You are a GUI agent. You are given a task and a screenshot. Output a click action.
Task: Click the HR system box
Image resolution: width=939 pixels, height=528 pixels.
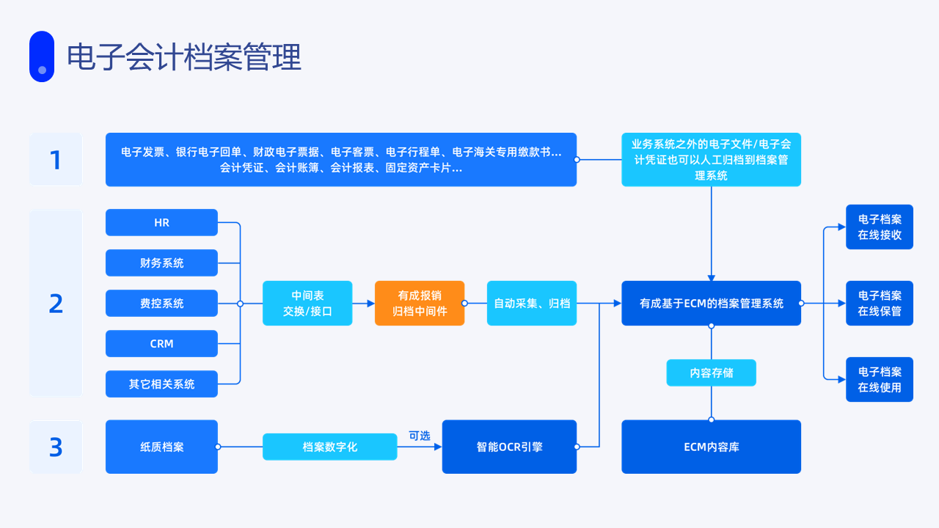click(161, 222)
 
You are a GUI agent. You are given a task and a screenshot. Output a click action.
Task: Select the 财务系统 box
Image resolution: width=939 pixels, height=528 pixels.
click(161, 263)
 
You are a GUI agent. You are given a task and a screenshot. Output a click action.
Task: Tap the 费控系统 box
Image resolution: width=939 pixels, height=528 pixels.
click(161, 303)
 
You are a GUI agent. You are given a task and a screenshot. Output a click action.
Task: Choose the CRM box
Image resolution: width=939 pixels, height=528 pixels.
click(161, 344)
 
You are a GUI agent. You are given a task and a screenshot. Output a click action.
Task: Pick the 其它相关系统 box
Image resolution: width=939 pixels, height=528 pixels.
click(161, 384)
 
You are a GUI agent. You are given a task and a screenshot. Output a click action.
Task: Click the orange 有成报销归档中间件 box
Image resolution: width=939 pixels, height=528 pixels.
click(420, 303)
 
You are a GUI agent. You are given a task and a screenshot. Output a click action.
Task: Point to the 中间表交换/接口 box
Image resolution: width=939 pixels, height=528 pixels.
click(307, 303)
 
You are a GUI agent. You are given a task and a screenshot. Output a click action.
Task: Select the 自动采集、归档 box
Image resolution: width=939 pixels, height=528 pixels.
click(532, 303)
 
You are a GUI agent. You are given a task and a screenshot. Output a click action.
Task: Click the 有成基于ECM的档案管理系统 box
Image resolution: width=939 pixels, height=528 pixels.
click(711, 303)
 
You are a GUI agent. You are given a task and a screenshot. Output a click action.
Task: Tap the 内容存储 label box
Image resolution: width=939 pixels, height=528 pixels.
click(711, 373)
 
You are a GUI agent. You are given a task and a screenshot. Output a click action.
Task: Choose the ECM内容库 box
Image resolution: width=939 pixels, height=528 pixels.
click(711, 447)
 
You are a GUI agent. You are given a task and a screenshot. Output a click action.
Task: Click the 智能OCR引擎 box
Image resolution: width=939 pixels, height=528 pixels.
click(509, 447)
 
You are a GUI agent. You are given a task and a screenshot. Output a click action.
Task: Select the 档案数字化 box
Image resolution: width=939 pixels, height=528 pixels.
click(330, 447)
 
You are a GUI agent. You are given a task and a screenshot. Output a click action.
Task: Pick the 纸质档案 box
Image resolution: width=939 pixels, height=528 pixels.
click(161, 447)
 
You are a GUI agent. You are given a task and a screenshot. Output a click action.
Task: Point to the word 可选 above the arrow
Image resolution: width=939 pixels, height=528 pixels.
click(420, 436)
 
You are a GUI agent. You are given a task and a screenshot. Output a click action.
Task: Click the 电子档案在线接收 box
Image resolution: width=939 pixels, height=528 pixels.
click(880, 227)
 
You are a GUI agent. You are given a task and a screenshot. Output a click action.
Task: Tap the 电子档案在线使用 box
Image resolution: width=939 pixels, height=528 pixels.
click(880, 379)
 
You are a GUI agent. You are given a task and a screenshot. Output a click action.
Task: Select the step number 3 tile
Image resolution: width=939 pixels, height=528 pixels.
click(56, 447)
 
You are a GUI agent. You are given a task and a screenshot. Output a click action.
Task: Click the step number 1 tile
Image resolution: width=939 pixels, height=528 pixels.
click(56, 159)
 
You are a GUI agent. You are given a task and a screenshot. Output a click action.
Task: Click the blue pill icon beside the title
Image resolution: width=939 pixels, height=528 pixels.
click(42, 56)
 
